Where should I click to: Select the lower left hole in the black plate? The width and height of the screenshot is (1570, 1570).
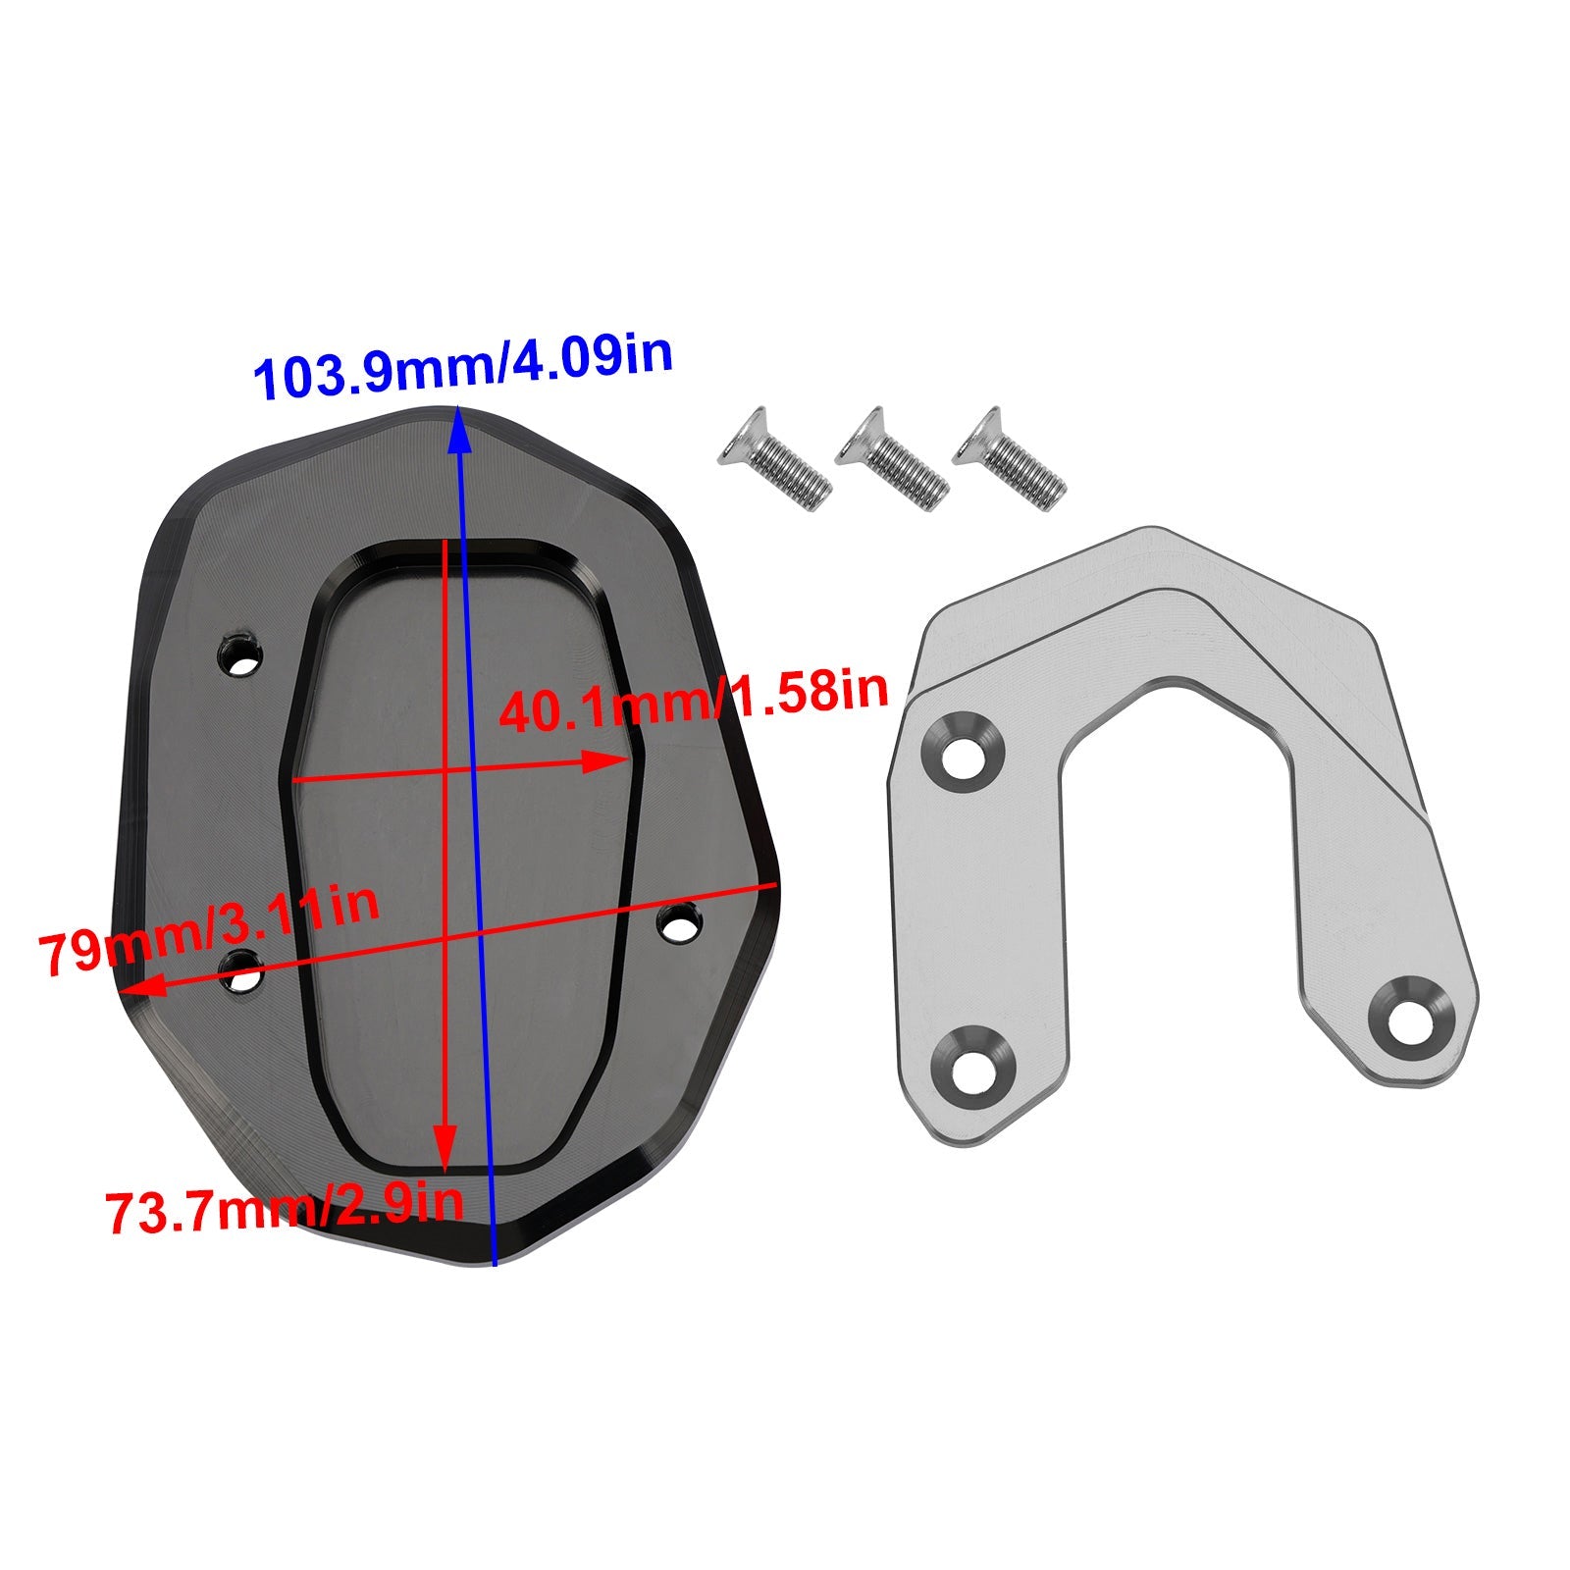(240, 972)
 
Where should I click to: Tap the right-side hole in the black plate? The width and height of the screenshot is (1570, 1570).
(679, 923)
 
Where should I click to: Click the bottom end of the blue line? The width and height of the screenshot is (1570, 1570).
(495, 1265)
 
